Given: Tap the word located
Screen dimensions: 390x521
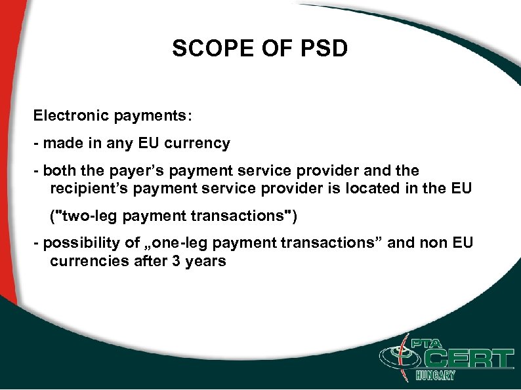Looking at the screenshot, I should pyautogui.click(x=378, y=189).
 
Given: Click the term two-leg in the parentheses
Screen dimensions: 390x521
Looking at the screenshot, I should pyautogui.click(x=90, y=216).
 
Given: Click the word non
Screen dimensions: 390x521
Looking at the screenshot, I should pyautogui.click(x=430, y=243).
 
